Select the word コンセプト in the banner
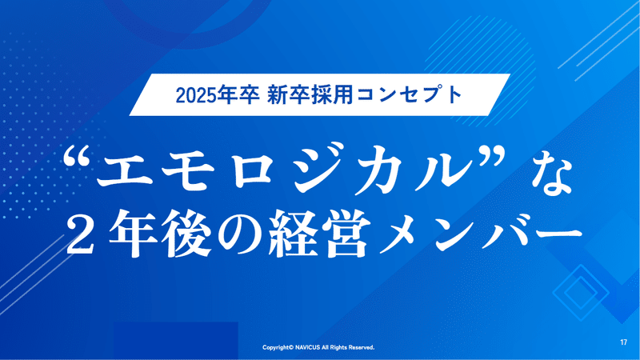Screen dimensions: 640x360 [410, 95]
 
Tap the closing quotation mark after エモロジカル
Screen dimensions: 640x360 [492, 157]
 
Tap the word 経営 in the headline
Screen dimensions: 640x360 [319, 234]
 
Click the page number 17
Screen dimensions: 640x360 [623, 342]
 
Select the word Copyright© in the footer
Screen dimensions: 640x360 [278, 348]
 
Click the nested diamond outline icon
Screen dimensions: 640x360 [580, 292]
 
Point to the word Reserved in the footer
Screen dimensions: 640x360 [362, 348]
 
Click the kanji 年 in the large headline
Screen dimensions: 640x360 [133, 234]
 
